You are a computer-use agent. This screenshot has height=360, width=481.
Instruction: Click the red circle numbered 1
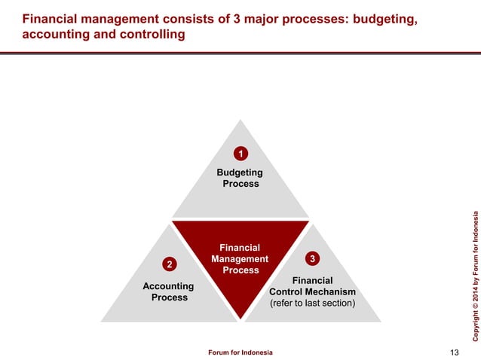pyautogui.click(x=240, y=154)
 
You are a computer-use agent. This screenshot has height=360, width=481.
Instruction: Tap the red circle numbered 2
pyautogui.click(x=170, y=264)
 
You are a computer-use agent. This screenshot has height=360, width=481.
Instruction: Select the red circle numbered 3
pyautogui.click(x=312, y=259)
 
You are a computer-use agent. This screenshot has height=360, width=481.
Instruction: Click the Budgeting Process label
pyautogui.click(x=240, y=178)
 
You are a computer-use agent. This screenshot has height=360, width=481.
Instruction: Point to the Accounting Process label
pyautogui.click(x=170, y=291)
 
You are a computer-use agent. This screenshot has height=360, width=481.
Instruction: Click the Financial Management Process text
pyautogui.click(x=240, y=258)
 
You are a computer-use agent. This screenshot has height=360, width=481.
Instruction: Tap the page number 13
pyautogui.click(x=454, y=352)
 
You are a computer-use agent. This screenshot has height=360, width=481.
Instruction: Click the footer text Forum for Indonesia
pyautogui.click(x=240, y=352)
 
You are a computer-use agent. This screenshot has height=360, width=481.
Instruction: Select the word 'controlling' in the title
pyautogui.click(x=155, y=35)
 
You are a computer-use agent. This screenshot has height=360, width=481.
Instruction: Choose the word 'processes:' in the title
pyautogui.click(x=311, y=17)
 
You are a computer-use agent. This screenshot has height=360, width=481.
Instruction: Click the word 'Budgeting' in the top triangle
pyautogui.click(x=240, y=172)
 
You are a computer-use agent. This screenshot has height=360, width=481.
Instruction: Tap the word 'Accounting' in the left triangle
pyautogui.click(x=170, y=286)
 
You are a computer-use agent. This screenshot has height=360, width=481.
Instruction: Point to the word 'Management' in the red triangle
pyautogui.click(x=240, y=259)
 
